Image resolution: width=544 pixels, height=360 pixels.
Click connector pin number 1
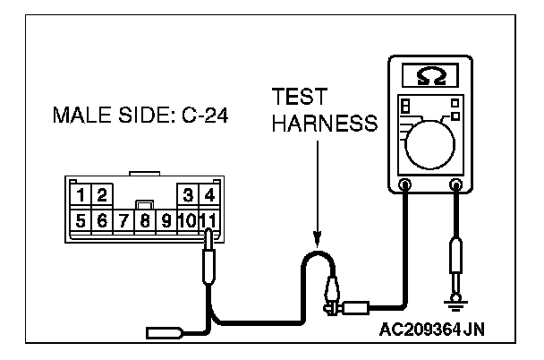click(x=81, y=194)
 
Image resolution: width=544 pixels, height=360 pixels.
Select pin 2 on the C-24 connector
click(x=101, y=194)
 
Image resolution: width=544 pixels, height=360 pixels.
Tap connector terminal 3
click(x=188, y=194)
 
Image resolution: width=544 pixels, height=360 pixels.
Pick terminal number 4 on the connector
click(x=208, y=194)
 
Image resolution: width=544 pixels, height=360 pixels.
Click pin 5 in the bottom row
click(x=81, y=219)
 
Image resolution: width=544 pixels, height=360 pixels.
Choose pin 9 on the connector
click(x=165, y=219)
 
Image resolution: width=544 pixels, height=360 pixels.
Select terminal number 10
click(x=186, y=219)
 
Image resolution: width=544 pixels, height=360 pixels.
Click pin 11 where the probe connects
click(x=208, y=219)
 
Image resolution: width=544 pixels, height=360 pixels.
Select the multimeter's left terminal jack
click(x=405, y=186)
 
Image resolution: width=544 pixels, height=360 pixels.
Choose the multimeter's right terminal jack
click(x=457, y=186)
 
